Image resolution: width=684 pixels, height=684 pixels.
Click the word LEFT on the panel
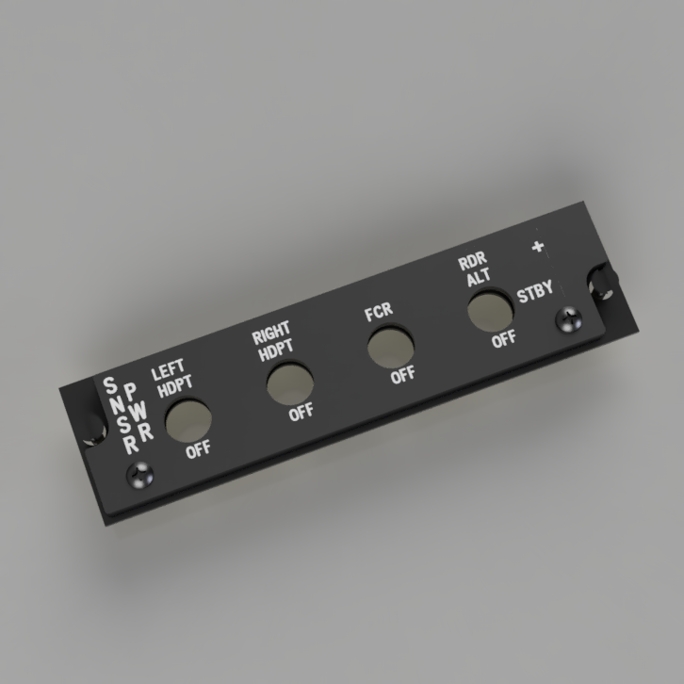tap(168, 370)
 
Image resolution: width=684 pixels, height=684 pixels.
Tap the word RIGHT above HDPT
tap(271, 333)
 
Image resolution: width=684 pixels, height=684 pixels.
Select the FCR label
tap(379, 312)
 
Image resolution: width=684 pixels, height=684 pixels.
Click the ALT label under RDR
tap(479, 277)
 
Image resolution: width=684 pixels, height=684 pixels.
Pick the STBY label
tap(535, 291)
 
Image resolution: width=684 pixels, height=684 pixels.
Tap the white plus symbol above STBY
tap(538, 247)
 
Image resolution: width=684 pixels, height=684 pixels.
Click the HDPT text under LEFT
tap(175, 386)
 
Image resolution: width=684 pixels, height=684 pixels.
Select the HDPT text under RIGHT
tap(276, 350)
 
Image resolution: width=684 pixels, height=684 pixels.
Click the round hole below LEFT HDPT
tap(188, 419)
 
